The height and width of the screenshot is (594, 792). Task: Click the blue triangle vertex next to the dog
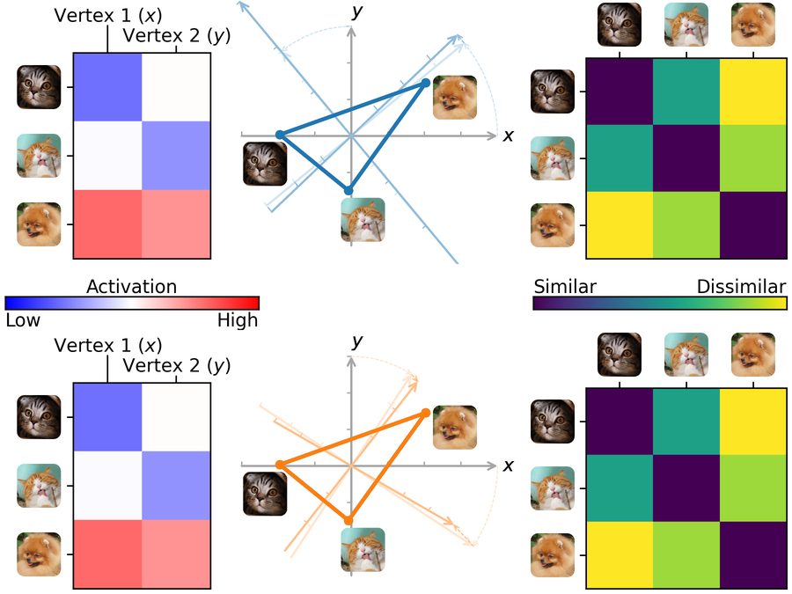click(426, 83)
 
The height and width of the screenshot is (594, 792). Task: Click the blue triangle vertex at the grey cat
click(280, 135)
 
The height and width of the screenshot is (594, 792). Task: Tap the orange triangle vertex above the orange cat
click(348, 520)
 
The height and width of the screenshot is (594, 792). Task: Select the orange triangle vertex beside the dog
click(426, 414)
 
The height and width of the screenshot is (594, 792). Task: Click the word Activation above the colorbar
click(131, 286)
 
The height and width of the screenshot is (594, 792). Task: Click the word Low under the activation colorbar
click(23, 320)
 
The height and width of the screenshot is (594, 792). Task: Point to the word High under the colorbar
click(238, 320)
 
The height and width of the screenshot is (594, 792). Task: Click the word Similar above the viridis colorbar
click(565, 286)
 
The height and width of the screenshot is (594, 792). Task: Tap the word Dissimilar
click(741, 286)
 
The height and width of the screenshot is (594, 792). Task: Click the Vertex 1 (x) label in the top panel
click(108, 16)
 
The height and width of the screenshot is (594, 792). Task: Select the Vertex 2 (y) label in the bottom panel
click(176, 366)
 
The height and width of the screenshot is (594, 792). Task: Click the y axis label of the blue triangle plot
click(357, 11)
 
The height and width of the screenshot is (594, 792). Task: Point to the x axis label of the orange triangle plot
click(508, 466)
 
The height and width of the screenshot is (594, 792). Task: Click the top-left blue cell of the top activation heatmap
click(107, 87)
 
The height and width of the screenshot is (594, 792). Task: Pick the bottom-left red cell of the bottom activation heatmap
click(107, 554)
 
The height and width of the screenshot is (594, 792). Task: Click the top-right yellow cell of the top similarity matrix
click(753, 92)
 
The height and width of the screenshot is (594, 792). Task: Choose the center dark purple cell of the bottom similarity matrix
click(686, 488)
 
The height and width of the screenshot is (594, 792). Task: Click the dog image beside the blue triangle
click(455, 98)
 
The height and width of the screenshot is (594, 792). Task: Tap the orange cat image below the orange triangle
click(363, 549)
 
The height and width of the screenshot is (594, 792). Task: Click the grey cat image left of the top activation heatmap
click(39, 87)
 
